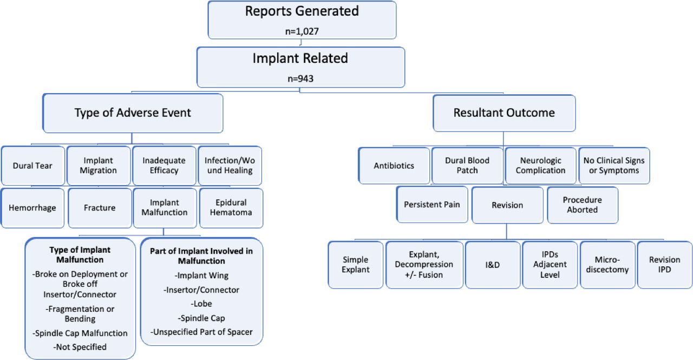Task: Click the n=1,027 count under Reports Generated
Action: [x=302, y=31]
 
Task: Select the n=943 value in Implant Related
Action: [x=300, y=78]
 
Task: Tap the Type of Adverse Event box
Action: [x=133, y=113]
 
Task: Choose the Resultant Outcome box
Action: [x=504, y=113]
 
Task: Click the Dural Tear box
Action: [x=33, y=166]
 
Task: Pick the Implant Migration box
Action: [x=99, y=166]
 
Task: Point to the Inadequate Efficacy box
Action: [x=164, y=166]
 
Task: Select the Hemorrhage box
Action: [x=32, y=208]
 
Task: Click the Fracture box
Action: [x=100, y=208]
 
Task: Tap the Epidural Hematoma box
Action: [x=231, y=208]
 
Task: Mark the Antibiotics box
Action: [x=394, y=166]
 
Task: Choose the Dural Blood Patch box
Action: [x=467, y=166]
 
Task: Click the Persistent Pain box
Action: [x=432, y=205]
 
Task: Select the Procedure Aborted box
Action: [x=583, y=205]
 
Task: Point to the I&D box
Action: [x=493, y=265]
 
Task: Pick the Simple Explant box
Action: [x=356, y=265]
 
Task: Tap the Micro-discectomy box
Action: [x=607, y=265]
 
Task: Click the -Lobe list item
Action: [x=201, y=304]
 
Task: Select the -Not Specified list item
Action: [x=80, y=347]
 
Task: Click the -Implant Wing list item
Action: [x=201, y=275]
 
